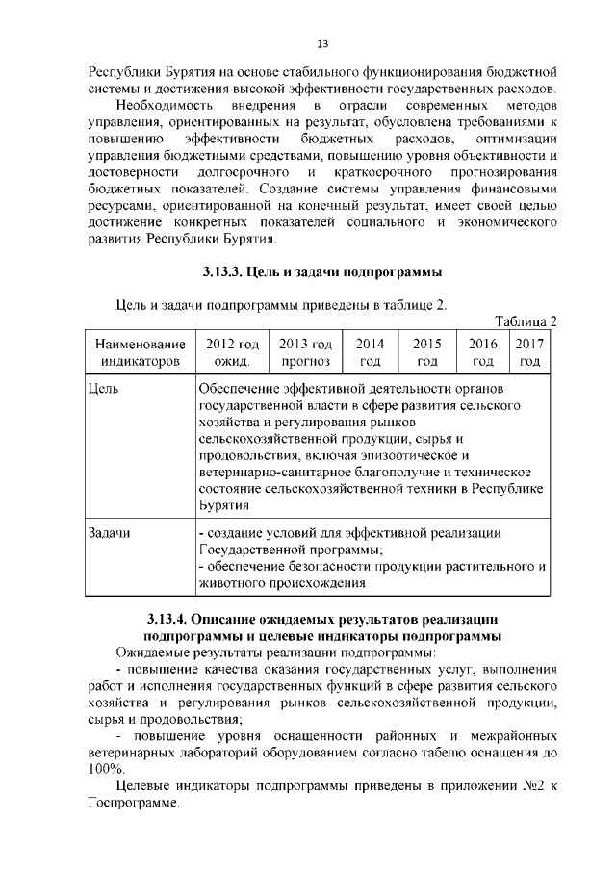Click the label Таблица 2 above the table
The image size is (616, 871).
point(526,321)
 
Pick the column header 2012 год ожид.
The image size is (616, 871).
point(232,352)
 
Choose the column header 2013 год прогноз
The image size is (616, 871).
point(305,352)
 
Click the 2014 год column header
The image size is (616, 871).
point(371,352)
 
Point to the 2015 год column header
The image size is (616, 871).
point(427,352)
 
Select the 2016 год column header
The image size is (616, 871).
point(483,352)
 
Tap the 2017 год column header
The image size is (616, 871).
point(528,352)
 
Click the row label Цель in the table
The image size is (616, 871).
point(102,389)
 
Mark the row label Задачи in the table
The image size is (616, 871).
point(109,532)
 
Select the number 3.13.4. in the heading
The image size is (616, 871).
point(175,619)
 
